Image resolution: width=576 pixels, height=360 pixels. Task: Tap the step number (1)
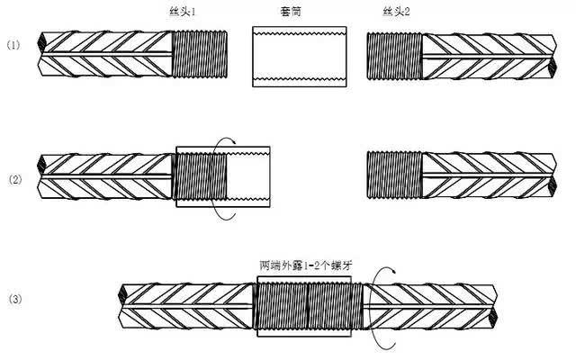point(13,44)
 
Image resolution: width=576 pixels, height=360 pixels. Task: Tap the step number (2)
point(13,180)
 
